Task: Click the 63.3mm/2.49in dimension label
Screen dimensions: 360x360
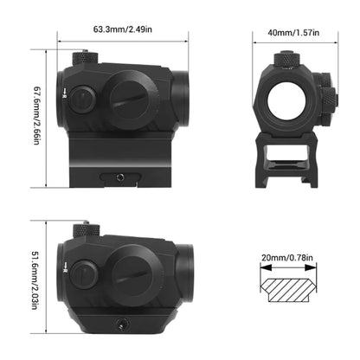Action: coord(123,29)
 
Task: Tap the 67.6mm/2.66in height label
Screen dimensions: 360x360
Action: coord(37,115)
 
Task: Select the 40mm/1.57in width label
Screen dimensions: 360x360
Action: coord(293,33)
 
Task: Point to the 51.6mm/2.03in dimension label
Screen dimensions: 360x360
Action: coord(35,280)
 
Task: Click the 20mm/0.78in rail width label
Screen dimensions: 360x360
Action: coord(287,258)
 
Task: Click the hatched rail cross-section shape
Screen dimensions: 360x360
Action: coord(288,290)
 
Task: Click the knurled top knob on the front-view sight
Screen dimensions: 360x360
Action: coord(286,59)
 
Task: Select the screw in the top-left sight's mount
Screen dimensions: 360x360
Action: coord(120,177)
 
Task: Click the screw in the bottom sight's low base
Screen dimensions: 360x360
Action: coord(120,324)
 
